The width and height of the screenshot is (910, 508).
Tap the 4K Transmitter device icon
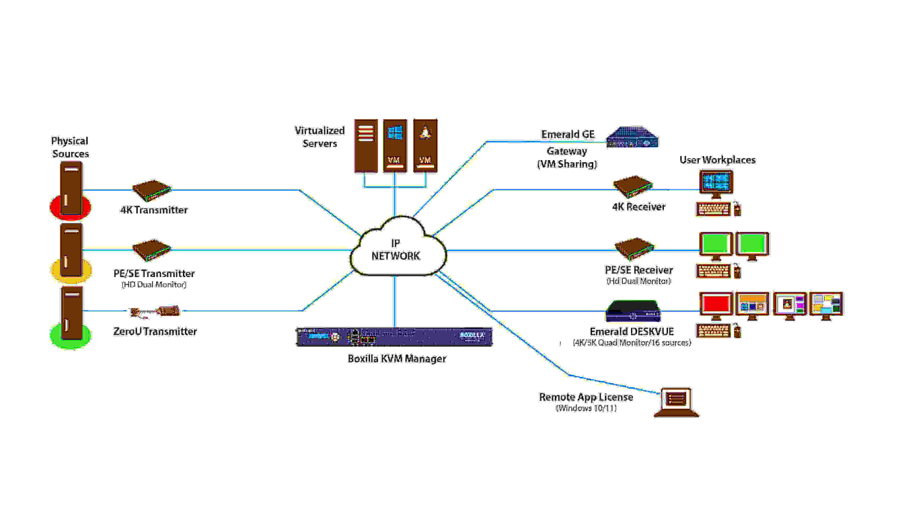click(152, 190)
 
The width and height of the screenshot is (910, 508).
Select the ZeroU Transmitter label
click(155, 331)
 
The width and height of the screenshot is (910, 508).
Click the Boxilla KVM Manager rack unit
click(394, 337)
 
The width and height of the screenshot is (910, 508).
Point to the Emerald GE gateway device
click(632, 137)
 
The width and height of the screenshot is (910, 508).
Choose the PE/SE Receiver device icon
click(634, 249)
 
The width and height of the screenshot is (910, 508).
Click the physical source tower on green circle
click(72, 312)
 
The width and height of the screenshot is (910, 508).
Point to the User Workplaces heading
click(717, 160)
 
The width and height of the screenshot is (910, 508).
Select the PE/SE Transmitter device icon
click(152, 250)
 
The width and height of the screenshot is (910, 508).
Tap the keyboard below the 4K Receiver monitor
click(713, 209)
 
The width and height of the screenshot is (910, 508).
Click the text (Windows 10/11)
click(586, 408)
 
